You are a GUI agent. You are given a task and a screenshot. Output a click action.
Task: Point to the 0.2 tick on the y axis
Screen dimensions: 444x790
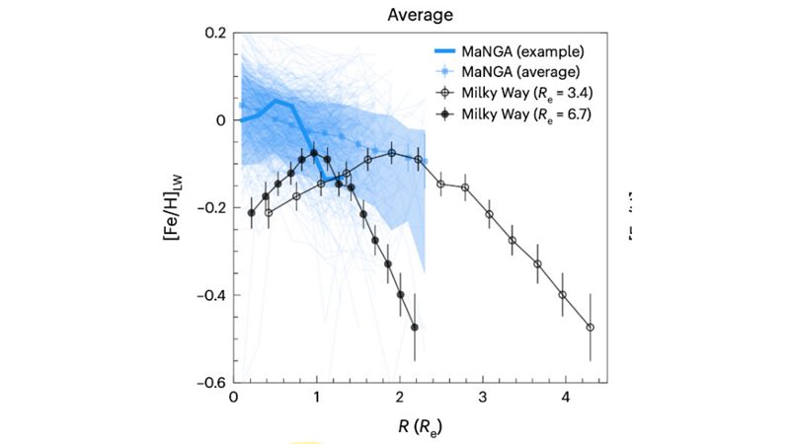coord(216,33)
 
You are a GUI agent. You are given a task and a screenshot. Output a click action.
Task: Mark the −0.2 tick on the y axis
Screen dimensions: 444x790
coord(210,207)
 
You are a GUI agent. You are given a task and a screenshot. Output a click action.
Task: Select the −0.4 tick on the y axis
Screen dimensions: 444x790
coord(210,295)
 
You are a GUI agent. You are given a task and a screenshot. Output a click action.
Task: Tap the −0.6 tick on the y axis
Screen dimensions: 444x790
coord(210,383)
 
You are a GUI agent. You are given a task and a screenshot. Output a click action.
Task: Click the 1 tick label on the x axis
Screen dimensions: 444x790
coord(316,398)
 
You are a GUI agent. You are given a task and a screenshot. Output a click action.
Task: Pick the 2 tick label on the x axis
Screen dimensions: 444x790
coord(399,398)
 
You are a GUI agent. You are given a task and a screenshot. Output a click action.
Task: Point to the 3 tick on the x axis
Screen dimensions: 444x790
coord(482,398)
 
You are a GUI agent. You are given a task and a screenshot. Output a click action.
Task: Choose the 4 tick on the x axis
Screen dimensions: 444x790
coord(565,398)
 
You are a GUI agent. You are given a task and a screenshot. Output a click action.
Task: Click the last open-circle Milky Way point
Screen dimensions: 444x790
coord(591,327)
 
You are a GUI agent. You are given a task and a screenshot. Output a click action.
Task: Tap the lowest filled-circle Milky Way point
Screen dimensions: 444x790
coord(415,327)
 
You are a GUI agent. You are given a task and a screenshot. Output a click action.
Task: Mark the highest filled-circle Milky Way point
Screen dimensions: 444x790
coord(314,153)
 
